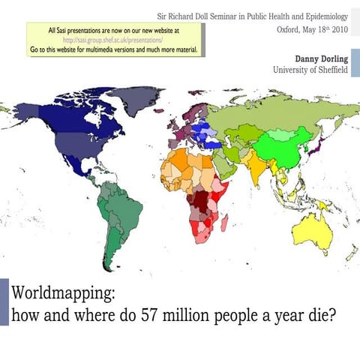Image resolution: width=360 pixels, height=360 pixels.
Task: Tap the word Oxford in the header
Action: tap(289, 30)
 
